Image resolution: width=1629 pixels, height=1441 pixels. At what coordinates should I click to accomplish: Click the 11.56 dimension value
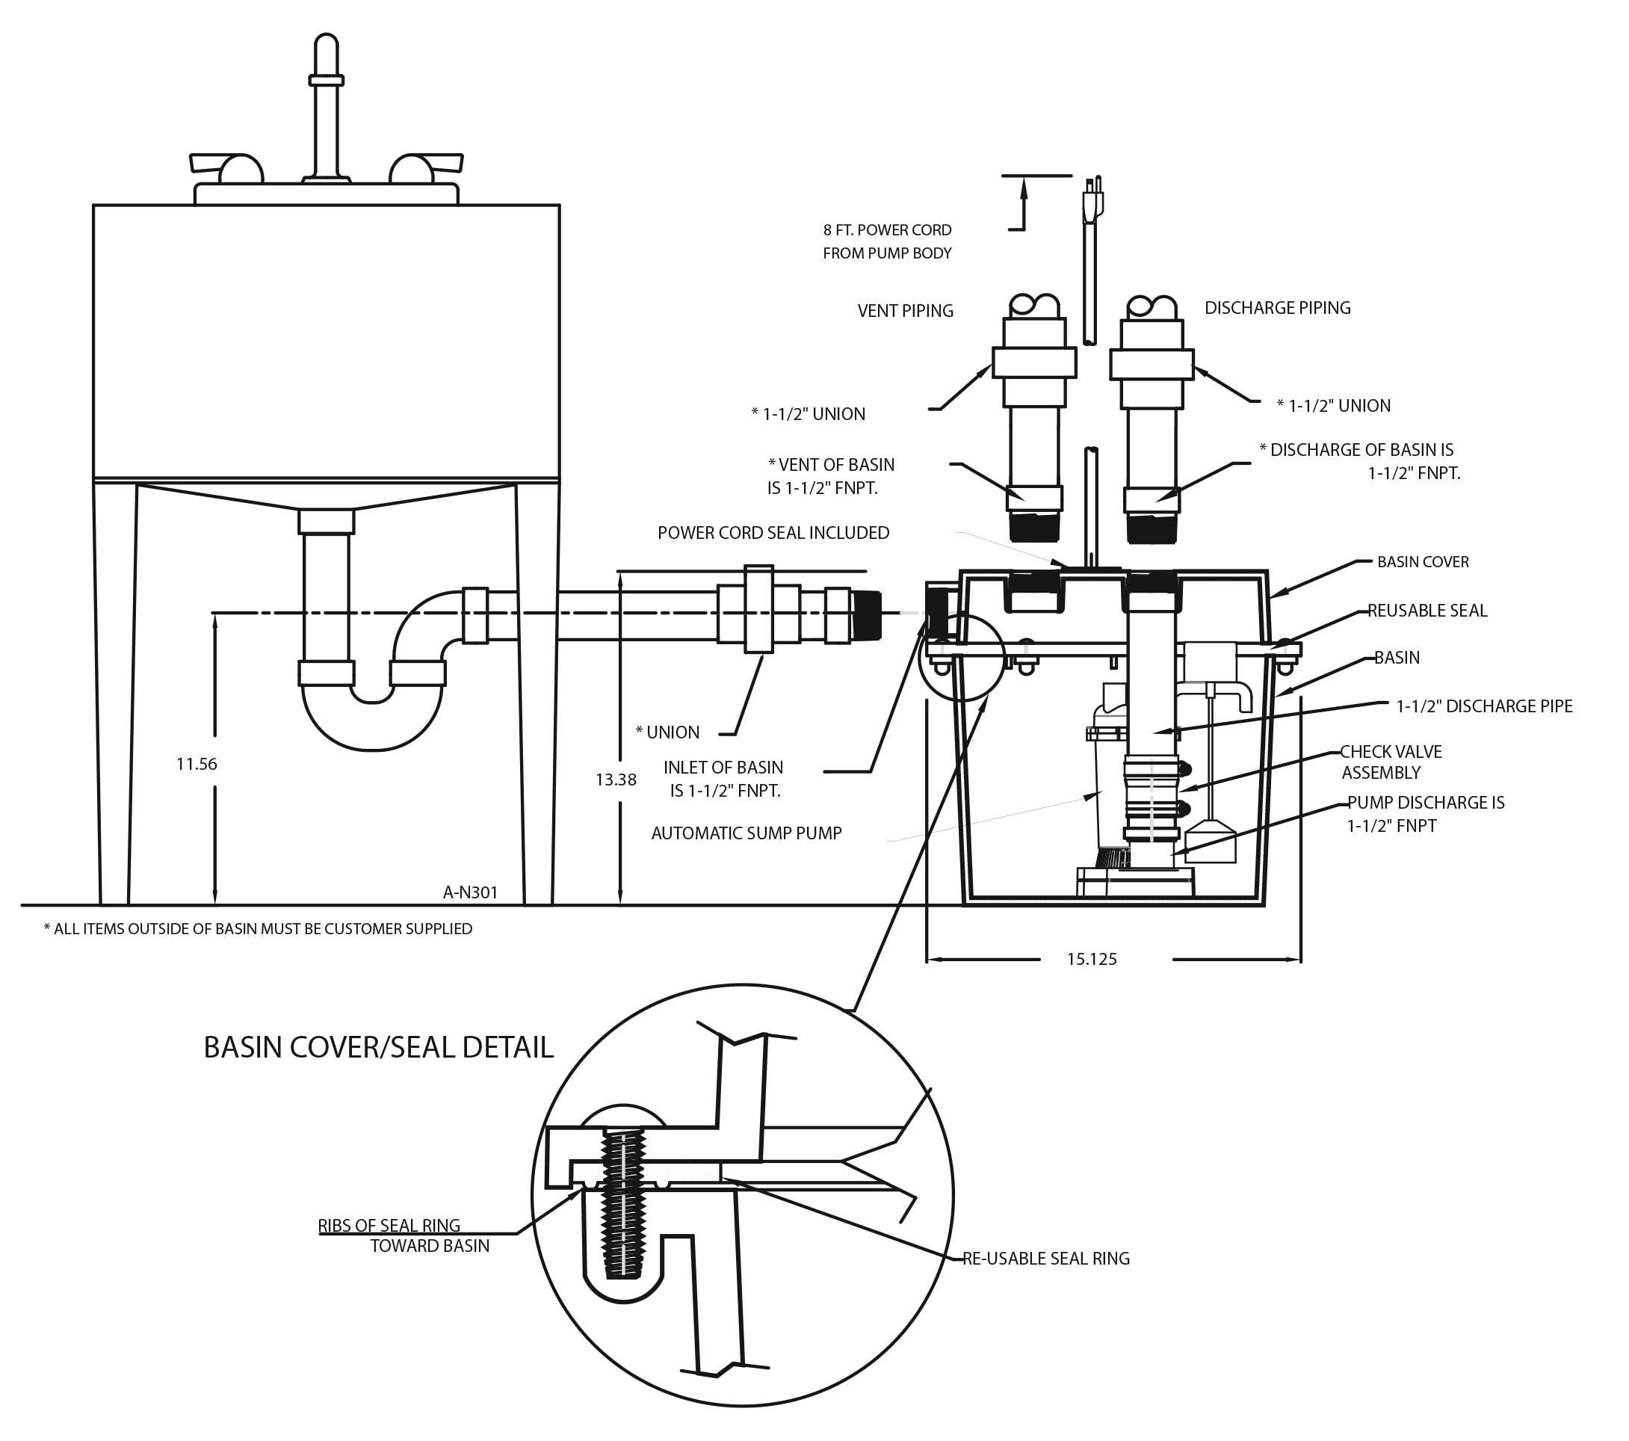(x=196, y=765)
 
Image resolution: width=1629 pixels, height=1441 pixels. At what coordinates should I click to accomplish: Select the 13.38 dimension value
(x=615, y=780)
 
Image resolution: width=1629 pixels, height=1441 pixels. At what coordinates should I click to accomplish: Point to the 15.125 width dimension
(x=1091, y=960)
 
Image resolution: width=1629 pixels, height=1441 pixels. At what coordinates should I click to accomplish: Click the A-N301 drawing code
(x=470, y=892)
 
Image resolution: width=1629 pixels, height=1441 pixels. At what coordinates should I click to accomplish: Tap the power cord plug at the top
(x=1092, y=200)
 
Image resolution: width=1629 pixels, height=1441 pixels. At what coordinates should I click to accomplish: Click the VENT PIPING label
(x=905, y=311)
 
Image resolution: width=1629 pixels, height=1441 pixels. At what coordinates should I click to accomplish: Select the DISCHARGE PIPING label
(x=1277, y=308)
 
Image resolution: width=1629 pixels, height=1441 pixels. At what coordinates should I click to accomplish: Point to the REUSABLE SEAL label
(x=1426, y=611)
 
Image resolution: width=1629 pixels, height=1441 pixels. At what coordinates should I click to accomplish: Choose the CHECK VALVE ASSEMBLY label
(x=1391, y=762)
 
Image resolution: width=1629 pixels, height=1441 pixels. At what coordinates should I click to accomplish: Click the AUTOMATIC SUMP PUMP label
(x=746, y=833)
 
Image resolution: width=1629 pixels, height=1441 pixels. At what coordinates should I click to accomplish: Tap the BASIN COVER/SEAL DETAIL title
(x=378, y=1046)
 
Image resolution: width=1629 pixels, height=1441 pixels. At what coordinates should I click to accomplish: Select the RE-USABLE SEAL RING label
(x=1045, y=1259)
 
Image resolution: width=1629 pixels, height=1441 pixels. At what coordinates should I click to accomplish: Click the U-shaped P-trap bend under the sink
(x=371, y=721)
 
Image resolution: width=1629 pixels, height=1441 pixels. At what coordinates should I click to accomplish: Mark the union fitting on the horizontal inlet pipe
(x=758, y=610)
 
